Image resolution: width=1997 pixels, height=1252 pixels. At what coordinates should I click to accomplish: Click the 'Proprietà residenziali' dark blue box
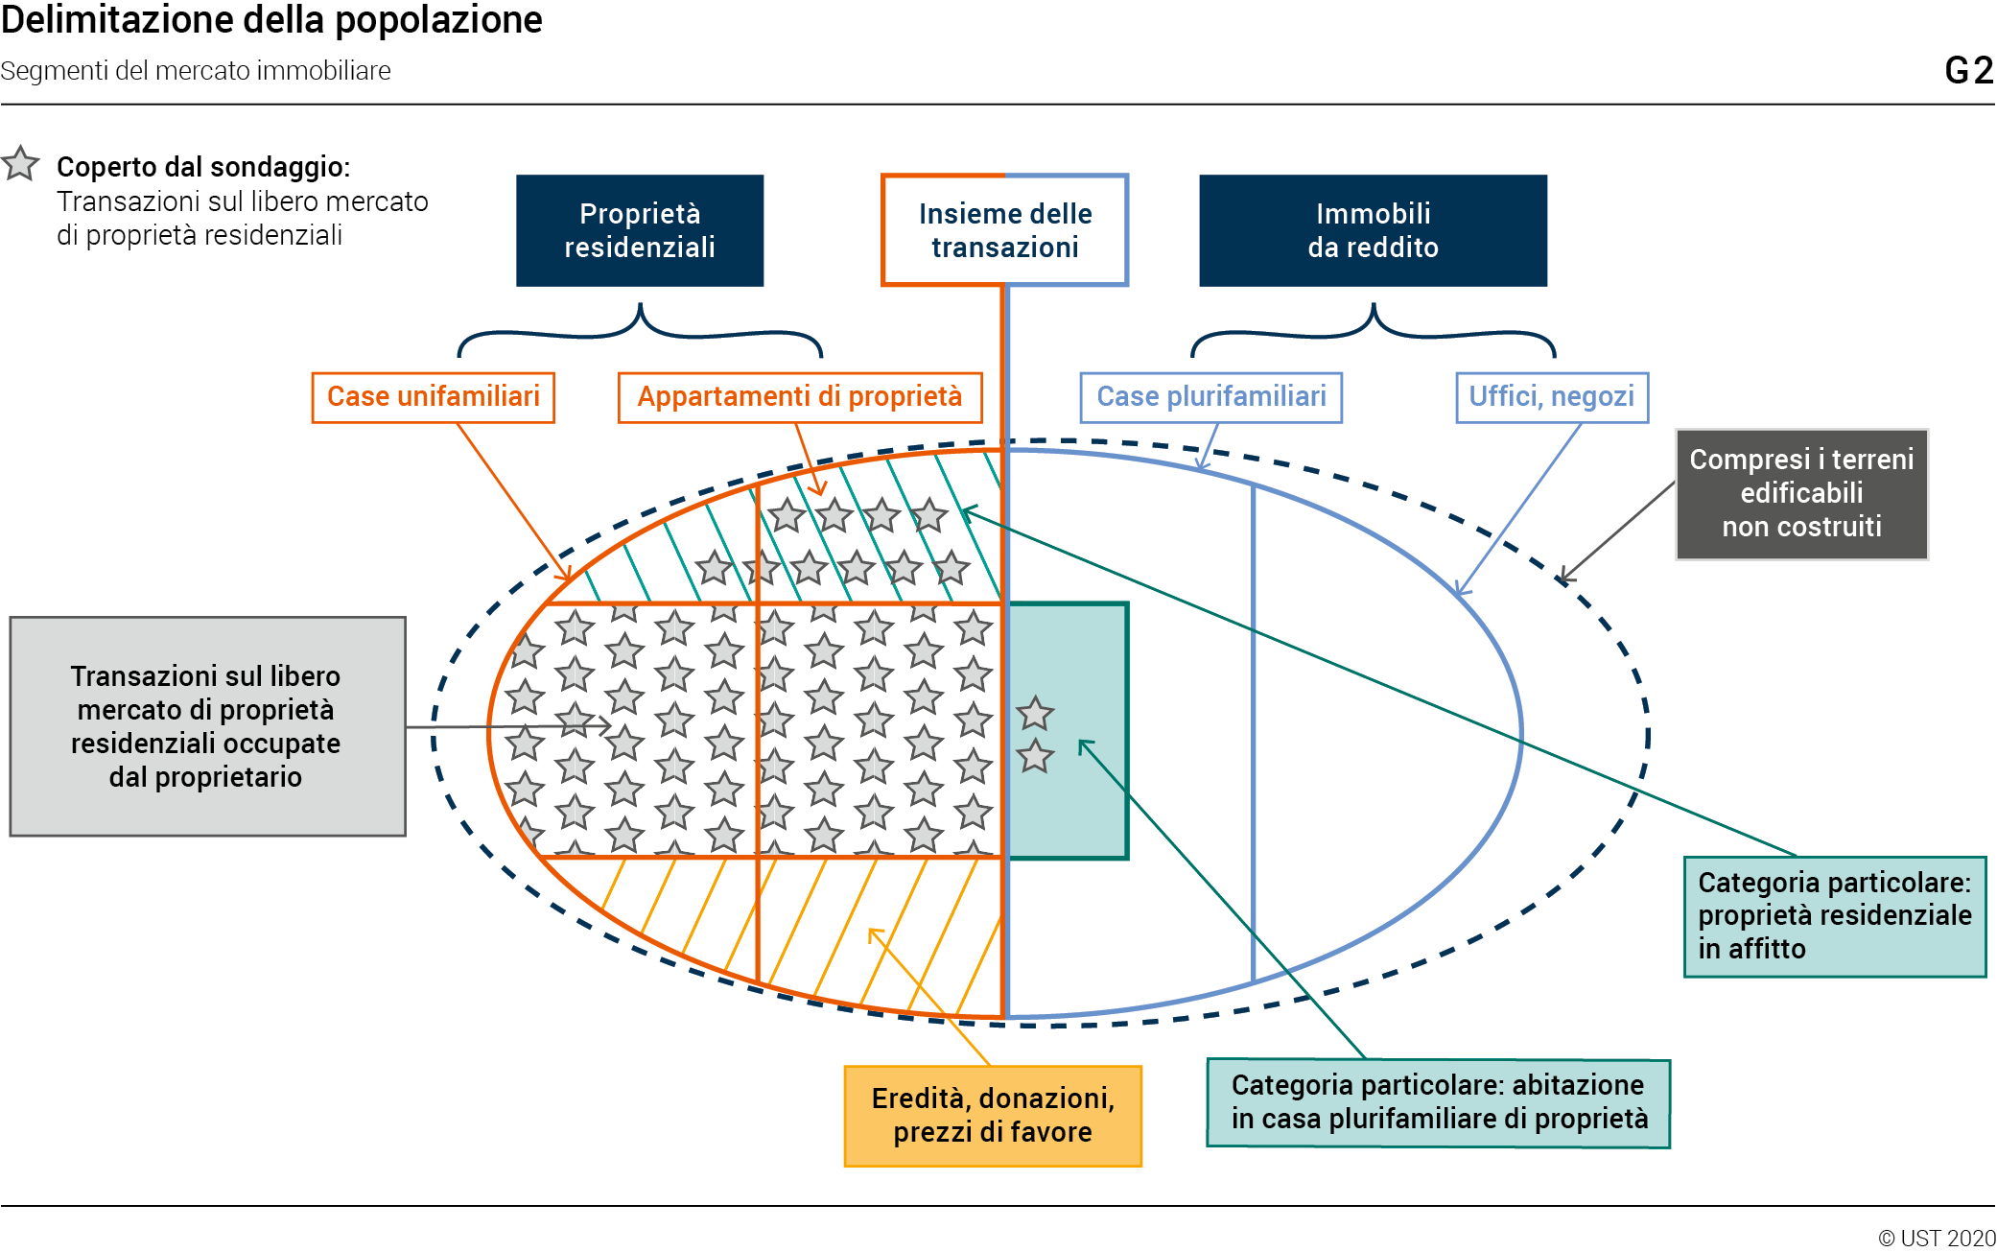pyautogui.click(x=640, y=230)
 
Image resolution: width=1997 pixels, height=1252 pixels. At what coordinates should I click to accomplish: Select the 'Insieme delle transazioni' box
pyautogui.click(x=1004, y=230)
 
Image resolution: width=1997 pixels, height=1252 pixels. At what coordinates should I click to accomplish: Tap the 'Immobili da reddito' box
pyautogui.click(x=1373, y=230)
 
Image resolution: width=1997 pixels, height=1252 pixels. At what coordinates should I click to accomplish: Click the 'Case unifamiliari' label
pyautogui.click(x=434, y=397)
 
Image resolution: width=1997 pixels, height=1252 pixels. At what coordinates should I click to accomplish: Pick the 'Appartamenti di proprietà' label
pyautogui.click(x=800, y=397)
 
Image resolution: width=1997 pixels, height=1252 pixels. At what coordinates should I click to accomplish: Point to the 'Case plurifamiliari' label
pyautogui.click(x=1210, y=397)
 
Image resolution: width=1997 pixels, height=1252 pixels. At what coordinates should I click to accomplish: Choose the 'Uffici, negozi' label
pyautogui.click(x=1552, y=397)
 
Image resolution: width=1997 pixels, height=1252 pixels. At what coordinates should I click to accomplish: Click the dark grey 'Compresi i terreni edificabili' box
pyautogui.click(x=1801, y=494)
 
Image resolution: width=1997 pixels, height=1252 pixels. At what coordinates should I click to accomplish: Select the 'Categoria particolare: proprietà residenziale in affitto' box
pyautogui.click(x=1834, y=916)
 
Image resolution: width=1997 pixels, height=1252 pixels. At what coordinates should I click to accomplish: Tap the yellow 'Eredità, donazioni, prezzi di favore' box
pyautogui.click(x=993, y=1116)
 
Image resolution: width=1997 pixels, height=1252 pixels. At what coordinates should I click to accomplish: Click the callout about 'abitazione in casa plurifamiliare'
pyautogui.click(x=1438, y=1103)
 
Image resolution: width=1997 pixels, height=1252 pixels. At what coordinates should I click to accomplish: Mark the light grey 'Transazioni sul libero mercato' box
pyautogui.click(x=207, y=726)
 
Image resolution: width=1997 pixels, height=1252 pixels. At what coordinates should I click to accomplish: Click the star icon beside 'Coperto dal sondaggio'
pyautogui.click(x=20, y=164)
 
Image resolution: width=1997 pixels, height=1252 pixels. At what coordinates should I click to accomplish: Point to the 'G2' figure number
pyautogui.click(x=1968, y=71)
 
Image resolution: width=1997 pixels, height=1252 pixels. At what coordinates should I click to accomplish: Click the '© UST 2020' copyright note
pyautogui.click(x=1936, y=1238)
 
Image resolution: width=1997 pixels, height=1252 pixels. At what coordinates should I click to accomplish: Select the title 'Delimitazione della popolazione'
pyautogui.click(x=271, y=20)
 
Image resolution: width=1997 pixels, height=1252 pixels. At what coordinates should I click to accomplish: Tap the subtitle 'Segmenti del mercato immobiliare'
pyautogui.click(x=196, y=71)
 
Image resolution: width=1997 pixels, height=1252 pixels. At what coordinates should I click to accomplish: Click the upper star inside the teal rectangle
pyautogui.click(x=1035, y=714)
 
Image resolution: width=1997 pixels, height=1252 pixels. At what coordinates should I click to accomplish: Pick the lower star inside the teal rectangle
pyautogui.click(x=1035, y=756)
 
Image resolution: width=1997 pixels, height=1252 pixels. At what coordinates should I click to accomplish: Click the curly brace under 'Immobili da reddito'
pyautogui.click(x=1373, y=331)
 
